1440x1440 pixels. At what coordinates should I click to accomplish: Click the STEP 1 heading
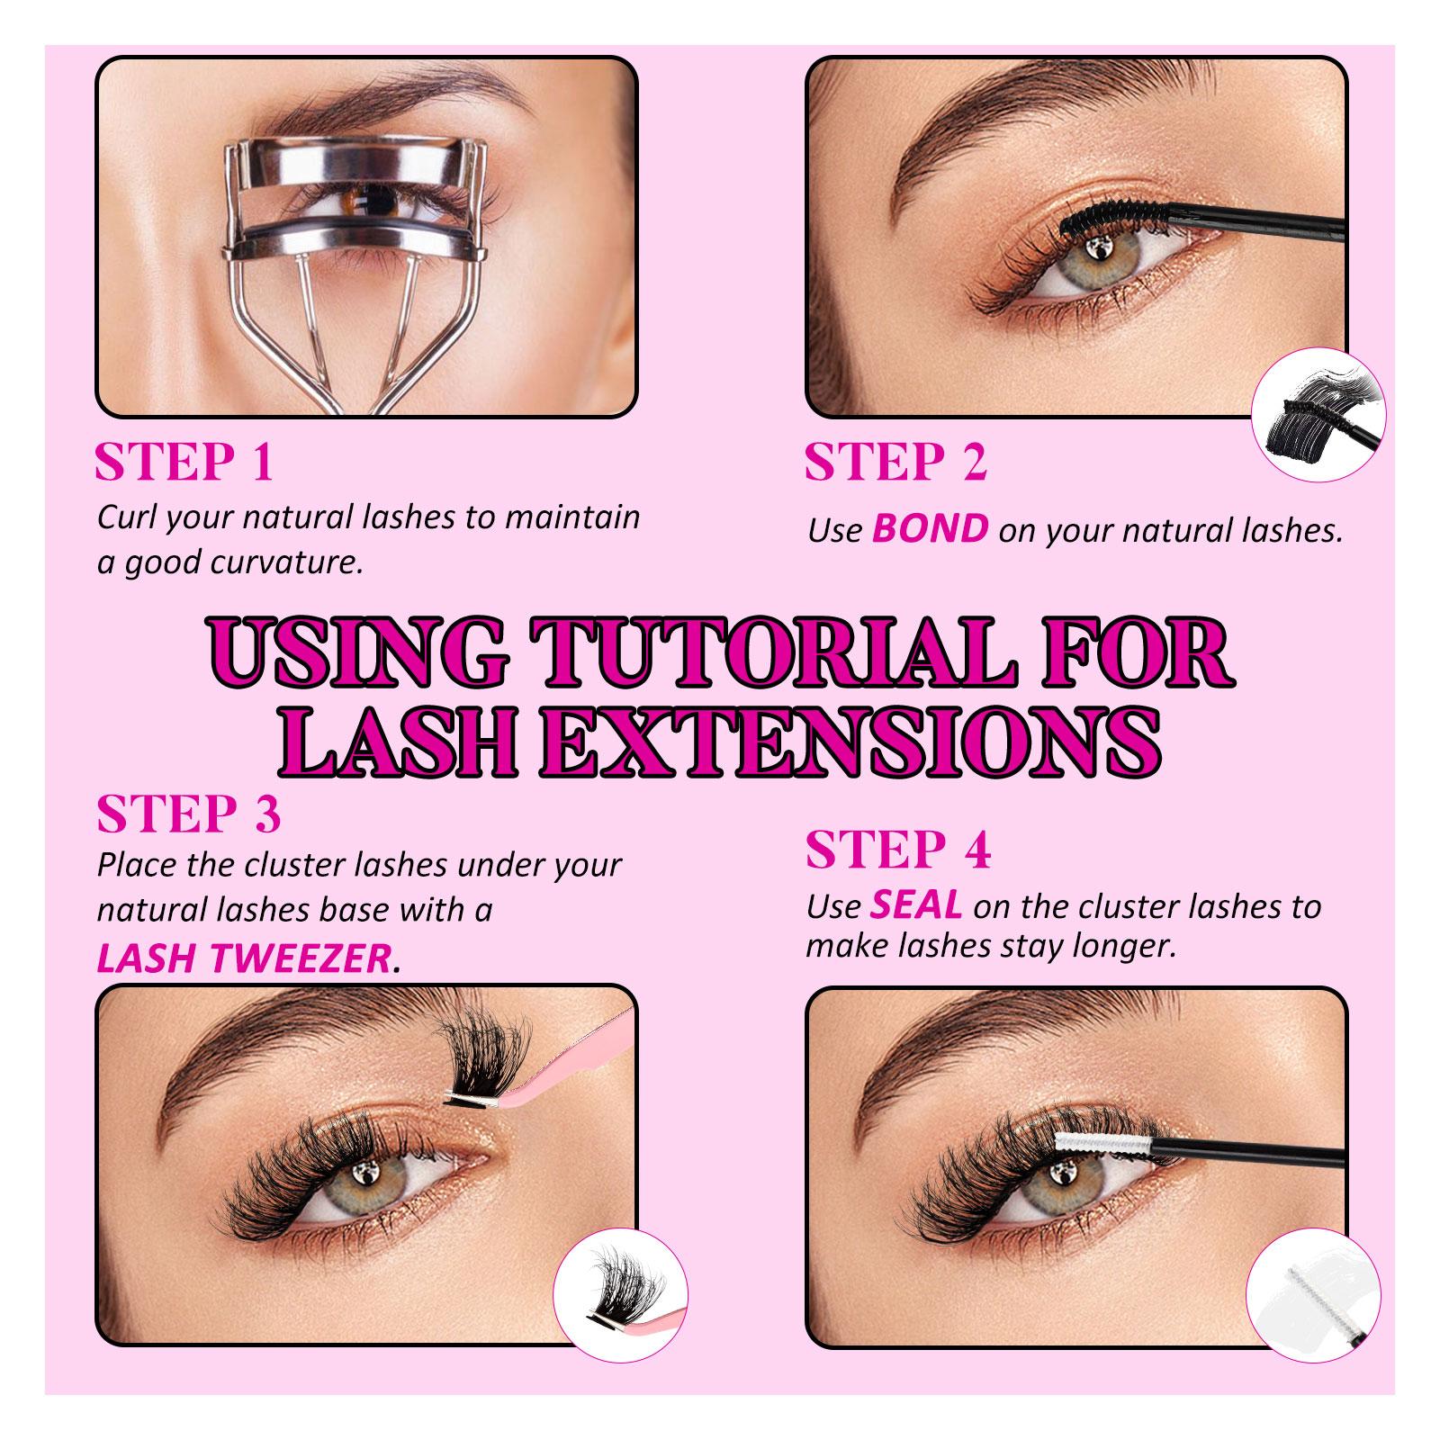[184, 463]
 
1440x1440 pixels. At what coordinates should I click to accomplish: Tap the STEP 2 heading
[895, 463]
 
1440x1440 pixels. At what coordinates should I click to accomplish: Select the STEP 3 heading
[189, 814]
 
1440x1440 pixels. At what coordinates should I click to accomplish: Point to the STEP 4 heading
[898, 850]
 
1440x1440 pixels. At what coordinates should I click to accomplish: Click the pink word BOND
[930, 530]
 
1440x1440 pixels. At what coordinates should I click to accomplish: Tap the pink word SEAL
[915, 906]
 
